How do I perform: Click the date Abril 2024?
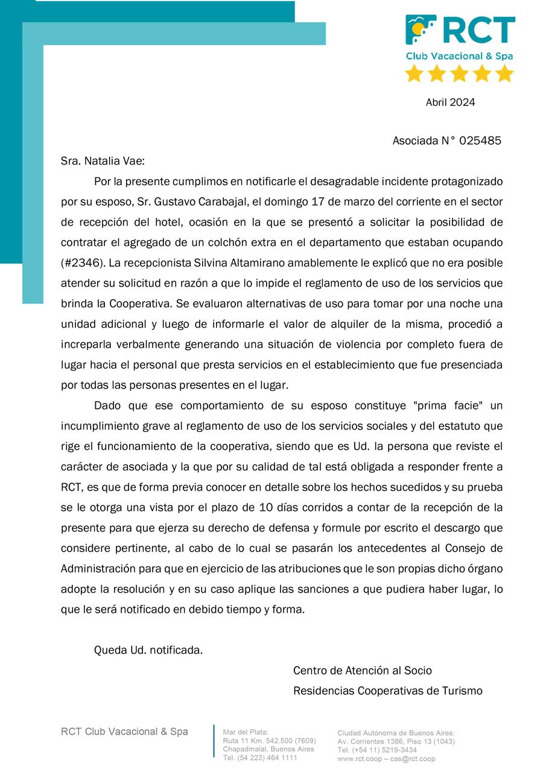pyautogui.click(x=450, y=103)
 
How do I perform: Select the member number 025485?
pyautogui.click(x=480, y=141)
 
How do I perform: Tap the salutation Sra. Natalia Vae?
pyautogui.click(x=103, y=162)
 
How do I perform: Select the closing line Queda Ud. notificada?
pyautogui.click(x=148, y=650)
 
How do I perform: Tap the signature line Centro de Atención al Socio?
pyautogui.click(x=362, y=671)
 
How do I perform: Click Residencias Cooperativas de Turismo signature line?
pyautogui.click(x=387, y=691)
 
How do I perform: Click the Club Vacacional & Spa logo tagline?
pyautogui.click(x=459, y=56)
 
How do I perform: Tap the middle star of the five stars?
pyautogui.click(x=459, y=74)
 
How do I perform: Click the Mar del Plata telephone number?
pyautogui.click(x=260, y=758)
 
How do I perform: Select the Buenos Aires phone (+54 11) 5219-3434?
pyautogui.click(x=376, y=750)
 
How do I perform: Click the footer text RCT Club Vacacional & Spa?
pyautogui.click(x=124, y=732)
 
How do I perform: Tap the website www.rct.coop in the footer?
pyautogui.click(x=359, y=759)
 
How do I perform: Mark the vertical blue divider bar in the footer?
pyautogui.click(x=214, y=741)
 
